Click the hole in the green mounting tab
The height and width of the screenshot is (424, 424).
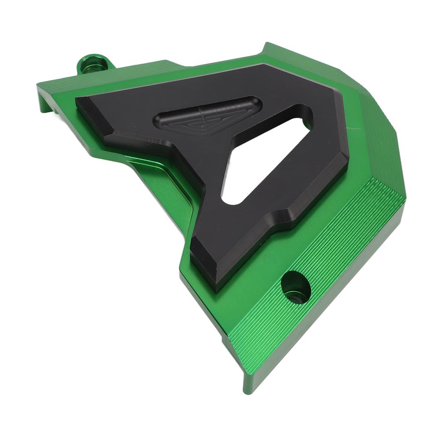coord(90,65)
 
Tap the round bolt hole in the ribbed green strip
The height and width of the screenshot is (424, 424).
coord(296,287)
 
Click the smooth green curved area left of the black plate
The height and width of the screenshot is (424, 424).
coord(166,186)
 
